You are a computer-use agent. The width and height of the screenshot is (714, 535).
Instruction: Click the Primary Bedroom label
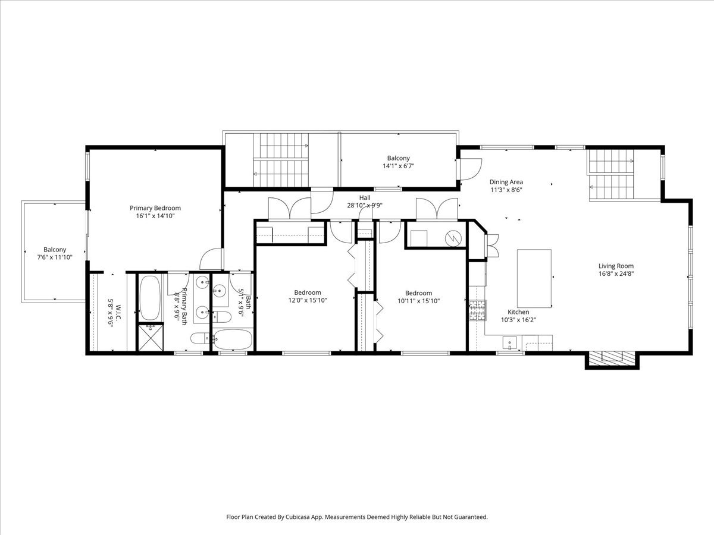pos(155,208)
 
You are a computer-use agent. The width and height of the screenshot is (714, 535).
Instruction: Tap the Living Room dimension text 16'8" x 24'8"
pos(616,274)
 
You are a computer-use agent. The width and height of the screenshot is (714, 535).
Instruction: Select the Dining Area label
pos(506,182)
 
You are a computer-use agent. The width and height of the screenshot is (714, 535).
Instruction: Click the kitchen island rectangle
pos(534,278)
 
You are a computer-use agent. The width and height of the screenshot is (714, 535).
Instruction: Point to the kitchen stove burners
pos(477,310)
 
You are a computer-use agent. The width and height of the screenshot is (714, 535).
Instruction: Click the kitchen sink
pos(509,343)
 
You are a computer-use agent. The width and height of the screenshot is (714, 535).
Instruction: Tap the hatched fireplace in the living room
pos(612,357)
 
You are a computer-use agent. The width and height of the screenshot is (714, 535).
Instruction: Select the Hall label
pos(365,197)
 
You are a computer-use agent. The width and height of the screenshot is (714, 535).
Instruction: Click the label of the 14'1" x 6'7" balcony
pos(398,158)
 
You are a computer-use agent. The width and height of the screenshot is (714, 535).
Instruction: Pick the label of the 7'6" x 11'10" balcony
pos(55,250)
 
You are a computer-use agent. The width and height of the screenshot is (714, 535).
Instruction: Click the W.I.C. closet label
pos(118,312)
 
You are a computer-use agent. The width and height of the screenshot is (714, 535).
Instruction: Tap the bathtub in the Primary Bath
pos(150,298)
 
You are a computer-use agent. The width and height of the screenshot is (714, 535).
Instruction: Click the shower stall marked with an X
pos(151,338)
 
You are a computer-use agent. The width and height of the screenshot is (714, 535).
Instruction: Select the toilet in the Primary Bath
pos(199,339)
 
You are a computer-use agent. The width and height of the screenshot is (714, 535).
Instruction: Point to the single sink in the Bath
pos(220,290)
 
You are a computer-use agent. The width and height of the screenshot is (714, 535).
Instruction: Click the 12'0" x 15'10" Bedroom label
pos(308,292)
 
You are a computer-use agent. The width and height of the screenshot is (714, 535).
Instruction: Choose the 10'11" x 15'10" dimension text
pos(419,301)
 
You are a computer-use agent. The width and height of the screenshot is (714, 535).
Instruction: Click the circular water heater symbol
pos(453,238)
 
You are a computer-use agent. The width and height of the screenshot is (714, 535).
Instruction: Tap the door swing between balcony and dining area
pos(471,169)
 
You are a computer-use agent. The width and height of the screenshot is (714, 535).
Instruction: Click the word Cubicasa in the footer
pos(297,517)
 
